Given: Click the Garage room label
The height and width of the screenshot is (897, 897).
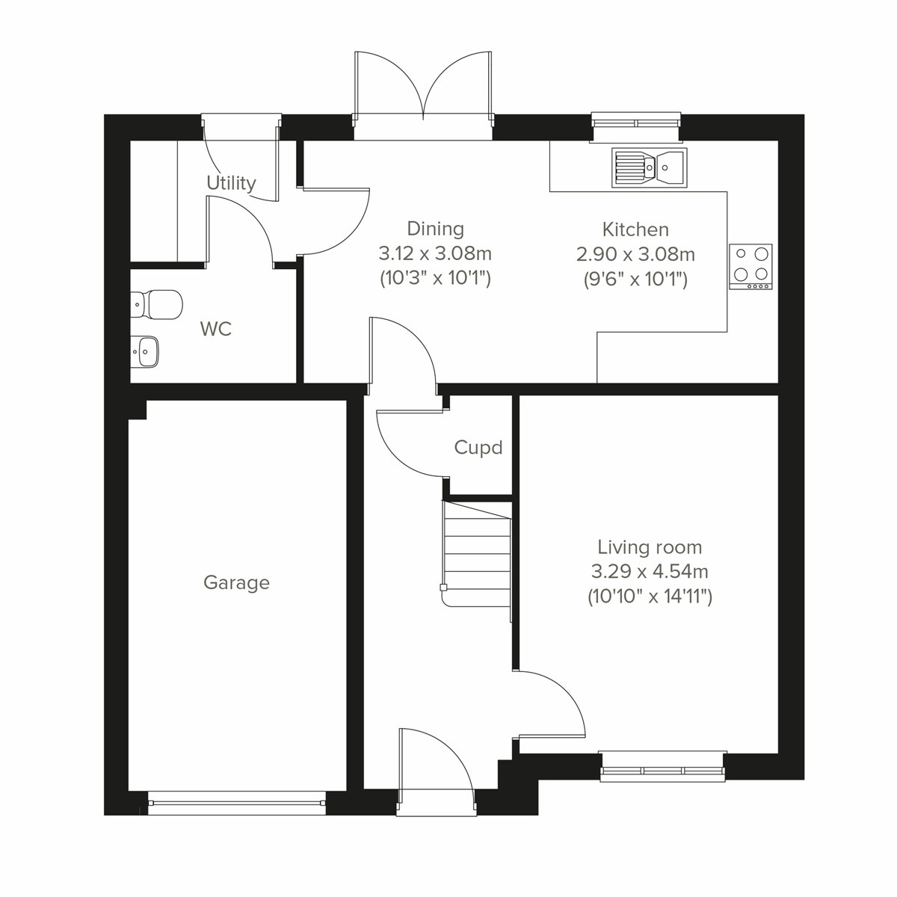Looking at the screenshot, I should coord(236,583).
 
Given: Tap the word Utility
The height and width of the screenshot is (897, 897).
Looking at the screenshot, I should coord(231,183).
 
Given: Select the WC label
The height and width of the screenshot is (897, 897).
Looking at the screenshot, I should coord(216,329).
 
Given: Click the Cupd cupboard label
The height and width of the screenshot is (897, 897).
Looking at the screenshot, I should coord(478,448).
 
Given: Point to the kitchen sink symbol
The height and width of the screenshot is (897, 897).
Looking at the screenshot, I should coord(649,167).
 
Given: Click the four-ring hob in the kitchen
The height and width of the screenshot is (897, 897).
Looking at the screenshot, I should coord(750,266).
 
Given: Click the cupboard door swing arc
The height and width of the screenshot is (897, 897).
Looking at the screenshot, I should coord(407,445).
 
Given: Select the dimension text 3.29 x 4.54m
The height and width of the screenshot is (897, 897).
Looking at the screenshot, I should coord(649,572).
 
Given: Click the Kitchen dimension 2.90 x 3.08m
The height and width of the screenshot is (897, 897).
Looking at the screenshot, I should coord(635,255).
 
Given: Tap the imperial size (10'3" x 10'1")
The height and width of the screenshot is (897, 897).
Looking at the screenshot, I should coord(434,279).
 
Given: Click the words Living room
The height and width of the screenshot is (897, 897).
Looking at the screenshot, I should coord(649,547).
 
